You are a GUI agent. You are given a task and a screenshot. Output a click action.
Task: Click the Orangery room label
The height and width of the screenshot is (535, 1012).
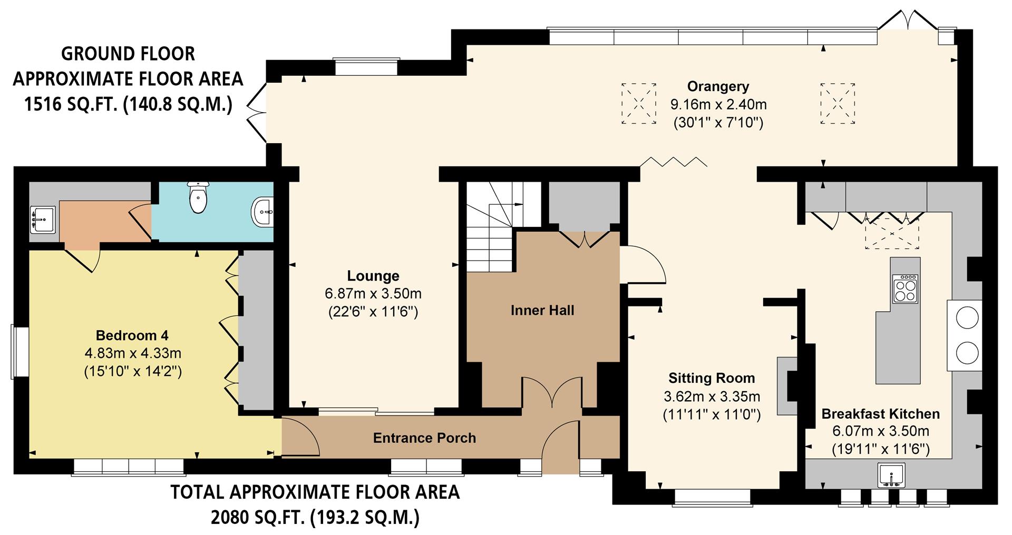[x=718, y=86]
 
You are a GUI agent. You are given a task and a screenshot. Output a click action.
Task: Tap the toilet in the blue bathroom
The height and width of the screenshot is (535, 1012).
[x=198, y=199]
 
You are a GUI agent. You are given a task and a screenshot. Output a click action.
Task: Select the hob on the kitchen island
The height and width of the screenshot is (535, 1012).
[x=905, y=289]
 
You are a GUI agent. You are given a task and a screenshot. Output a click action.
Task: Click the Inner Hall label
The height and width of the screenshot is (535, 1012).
[x=542, y=311]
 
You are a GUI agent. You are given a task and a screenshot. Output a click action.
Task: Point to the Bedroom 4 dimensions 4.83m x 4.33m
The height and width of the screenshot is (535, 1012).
[x=133, y=353]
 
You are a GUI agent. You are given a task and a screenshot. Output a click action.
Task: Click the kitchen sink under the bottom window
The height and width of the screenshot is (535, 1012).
[x=891, y=475]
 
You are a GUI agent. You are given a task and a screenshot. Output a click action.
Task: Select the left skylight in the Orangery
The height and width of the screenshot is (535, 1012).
[x=639, y=103]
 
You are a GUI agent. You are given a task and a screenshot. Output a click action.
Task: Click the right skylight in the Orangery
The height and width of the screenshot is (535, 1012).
[x=837, y=103]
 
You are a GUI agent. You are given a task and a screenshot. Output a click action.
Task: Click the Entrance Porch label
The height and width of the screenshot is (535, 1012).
[x=424, y=438]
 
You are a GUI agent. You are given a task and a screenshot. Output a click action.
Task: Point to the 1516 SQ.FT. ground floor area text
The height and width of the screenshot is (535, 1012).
[x=128, y=104]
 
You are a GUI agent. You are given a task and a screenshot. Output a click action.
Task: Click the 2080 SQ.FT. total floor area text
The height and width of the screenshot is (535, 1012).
[x=315, y=518]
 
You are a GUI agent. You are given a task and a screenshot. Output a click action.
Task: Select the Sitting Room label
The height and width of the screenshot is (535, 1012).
[x=712, y=378]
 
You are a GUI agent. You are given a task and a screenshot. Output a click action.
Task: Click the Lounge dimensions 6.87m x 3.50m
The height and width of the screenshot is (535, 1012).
[x=373, y=294]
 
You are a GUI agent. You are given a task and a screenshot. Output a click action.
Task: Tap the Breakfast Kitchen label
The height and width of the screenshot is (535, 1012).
[x=880, y=414]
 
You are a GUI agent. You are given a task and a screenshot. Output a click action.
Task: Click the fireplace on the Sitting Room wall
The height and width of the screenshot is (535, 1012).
[x=789, y=386]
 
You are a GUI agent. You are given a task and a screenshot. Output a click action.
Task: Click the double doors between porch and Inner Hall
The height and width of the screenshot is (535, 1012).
[x=552, y=392]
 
